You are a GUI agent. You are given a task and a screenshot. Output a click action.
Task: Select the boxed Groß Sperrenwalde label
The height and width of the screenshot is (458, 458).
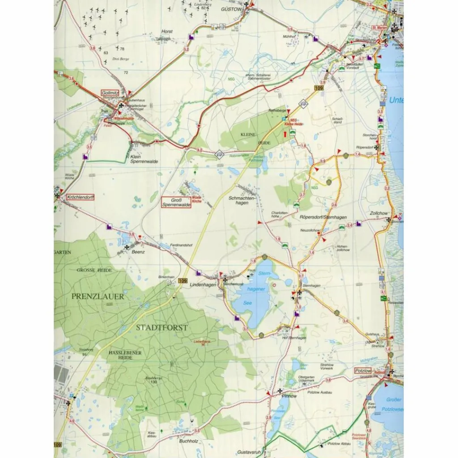[176, 202]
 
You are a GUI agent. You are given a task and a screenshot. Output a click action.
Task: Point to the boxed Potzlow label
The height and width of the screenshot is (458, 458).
[362, 371]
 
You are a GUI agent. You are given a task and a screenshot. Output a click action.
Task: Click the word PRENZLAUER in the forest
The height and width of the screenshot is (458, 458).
[97, 296]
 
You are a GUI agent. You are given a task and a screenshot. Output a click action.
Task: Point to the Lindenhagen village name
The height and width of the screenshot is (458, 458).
[203, 284]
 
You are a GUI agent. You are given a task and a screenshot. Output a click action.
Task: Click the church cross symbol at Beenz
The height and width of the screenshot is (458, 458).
[127, 246]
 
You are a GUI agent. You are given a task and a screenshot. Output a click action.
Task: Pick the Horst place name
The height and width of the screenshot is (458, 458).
[167, 32]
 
